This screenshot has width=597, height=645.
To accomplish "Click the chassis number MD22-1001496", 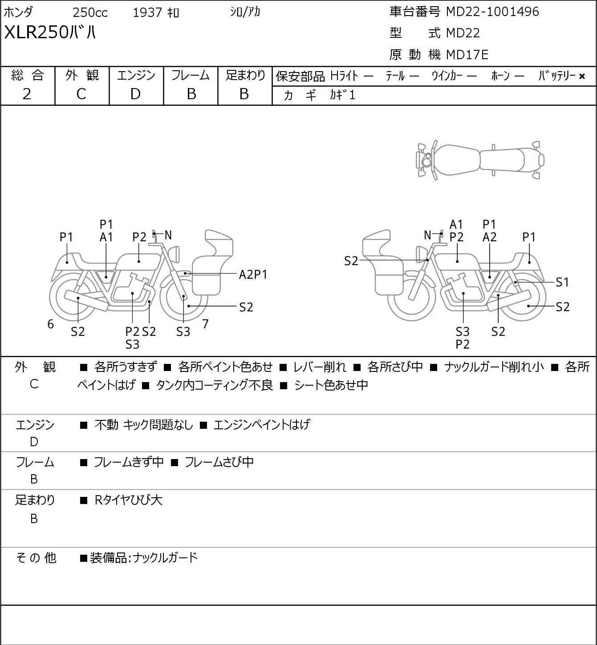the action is (492, 12).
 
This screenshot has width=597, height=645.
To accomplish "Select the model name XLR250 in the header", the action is (36, 32).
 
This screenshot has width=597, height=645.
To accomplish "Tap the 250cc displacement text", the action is (90, 12).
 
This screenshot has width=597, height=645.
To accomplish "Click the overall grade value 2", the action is (27, 94).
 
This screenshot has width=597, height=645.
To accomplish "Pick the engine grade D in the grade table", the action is (136, 94).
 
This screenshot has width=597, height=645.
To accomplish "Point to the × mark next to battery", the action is (582, 77).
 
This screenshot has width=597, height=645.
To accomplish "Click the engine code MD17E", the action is (467, 55).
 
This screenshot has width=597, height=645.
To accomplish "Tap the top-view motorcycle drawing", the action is (480, 160).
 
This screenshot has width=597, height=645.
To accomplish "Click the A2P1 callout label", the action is (253, 275).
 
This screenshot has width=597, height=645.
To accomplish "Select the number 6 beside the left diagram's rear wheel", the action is (50, 324).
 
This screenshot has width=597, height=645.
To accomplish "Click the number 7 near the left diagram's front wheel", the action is (205, 324).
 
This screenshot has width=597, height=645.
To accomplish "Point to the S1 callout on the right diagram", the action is (562, 282).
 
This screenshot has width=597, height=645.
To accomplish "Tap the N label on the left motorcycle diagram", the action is (168, 235).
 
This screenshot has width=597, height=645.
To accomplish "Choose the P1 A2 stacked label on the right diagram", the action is (489, 230).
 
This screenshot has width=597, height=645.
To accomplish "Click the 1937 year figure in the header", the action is (147, 12).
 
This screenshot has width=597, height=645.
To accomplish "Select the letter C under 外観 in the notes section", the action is (34, 384).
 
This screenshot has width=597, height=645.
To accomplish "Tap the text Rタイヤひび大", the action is (129, 500).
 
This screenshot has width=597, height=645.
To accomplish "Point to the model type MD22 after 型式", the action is (463, 33).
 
